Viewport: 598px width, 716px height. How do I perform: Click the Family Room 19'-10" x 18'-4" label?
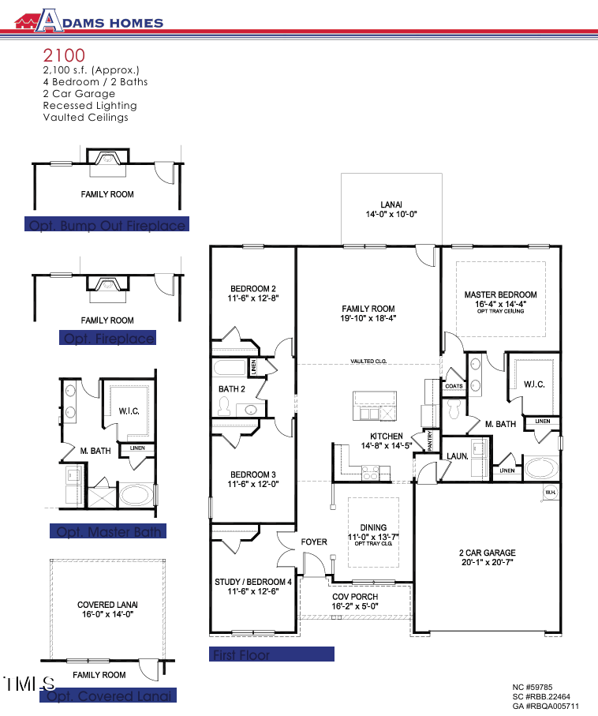368,313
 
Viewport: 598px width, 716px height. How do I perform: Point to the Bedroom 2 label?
252,294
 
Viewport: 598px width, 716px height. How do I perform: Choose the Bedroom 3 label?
252,479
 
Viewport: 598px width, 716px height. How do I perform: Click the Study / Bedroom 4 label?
253,587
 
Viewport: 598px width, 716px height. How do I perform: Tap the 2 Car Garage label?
487,557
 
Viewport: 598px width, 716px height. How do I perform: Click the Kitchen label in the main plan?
387,441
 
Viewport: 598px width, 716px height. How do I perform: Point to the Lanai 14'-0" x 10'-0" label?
391,209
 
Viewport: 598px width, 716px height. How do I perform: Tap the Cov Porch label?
354,602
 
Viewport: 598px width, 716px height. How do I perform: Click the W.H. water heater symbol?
550,493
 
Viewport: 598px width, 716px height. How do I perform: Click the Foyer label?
314,542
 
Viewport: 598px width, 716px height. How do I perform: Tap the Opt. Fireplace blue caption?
108,339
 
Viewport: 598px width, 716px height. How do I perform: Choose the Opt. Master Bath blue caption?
107,532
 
